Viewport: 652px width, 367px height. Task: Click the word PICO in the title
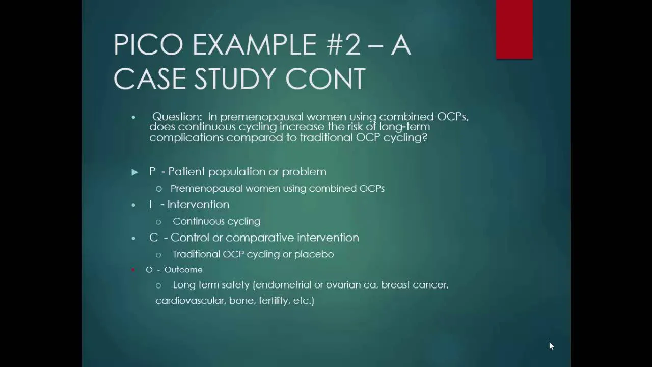148,44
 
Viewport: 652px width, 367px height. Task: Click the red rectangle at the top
514,30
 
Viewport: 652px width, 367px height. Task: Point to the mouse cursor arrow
551,346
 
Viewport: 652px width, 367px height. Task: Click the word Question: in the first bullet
177,117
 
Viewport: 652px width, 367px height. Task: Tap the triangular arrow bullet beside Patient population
134,172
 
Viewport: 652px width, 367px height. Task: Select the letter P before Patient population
152,172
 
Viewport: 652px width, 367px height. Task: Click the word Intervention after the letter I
198,204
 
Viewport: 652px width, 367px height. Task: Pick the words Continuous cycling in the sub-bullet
216,221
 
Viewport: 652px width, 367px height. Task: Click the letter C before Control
153,238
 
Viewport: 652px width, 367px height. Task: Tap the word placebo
314,254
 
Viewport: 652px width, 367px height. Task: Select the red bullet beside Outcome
133,270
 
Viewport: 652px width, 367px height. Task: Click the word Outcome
183,270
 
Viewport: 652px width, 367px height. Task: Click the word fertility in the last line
275,301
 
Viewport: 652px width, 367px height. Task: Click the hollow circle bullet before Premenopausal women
158,189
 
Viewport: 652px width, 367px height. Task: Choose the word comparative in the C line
260,238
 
